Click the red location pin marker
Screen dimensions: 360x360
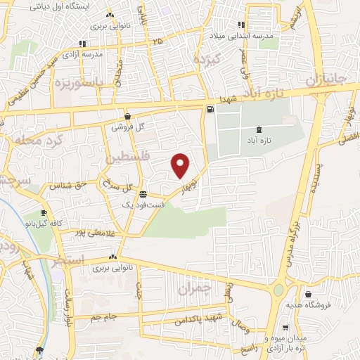[x=181, y=165]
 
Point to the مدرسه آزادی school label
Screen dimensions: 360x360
[x=84, y=53]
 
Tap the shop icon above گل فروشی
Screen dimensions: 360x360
[x=127, y=117]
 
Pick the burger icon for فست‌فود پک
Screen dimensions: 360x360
[x=143, y=194]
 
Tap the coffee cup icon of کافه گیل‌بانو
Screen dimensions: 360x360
[x=44, y=213]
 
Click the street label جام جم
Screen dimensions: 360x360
[x=101, y=319]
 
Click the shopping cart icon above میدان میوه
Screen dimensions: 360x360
[x=285, y=328]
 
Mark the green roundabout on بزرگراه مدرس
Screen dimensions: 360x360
[x=279, y=290]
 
